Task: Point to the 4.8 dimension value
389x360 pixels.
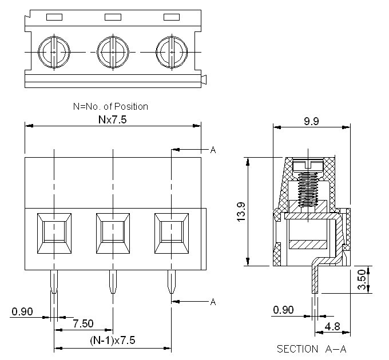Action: coord(332,327)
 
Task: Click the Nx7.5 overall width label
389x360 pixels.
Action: coord(113,120)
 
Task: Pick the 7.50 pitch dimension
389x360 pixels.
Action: coord(83,323)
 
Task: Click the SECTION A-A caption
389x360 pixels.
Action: coord(312,349)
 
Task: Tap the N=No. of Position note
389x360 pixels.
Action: coord(110,106)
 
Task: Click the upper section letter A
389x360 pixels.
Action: coord(213,150)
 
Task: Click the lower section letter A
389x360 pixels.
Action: coord(213,301)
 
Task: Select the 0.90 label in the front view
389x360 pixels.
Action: coord(22,312)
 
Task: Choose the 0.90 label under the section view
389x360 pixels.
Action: coord(284,310)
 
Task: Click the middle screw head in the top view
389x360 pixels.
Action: coord(113,52)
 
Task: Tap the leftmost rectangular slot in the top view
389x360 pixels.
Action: coord(54,17)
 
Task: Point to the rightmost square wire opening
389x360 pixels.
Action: coord(172,233)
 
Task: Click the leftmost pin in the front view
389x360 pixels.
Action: coord(54,282)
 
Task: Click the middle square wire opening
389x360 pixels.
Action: coord(113,233)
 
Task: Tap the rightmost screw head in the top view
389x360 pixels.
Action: coord(172,52)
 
